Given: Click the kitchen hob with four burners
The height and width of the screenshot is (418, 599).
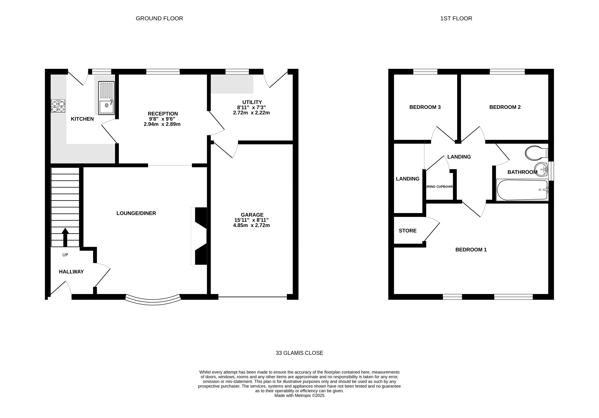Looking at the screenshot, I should (58, 106).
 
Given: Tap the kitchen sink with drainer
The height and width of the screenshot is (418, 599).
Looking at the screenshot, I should (106, 98).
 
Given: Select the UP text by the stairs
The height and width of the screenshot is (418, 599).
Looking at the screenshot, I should (65, 255).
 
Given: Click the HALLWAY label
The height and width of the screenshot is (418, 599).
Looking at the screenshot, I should (71, 272).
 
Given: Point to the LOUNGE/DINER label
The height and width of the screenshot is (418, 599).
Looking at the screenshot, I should (136, 213).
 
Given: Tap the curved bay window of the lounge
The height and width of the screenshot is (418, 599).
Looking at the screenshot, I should (153, 301).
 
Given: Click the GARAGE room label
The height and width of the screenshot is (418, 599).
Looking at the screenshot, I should (252, 215).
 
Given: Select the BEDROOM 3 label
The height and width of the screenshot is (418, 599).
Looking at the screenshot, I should (425, 107).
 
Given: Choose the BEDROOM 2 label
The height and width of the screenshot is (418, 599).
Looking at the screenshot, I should (505, 107).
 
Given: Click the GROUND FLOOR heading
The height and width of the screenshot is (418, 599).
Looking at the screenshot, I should (159, 18).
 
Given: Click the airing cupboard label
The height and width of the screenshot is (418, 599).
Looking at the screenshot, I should (440, 187).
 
